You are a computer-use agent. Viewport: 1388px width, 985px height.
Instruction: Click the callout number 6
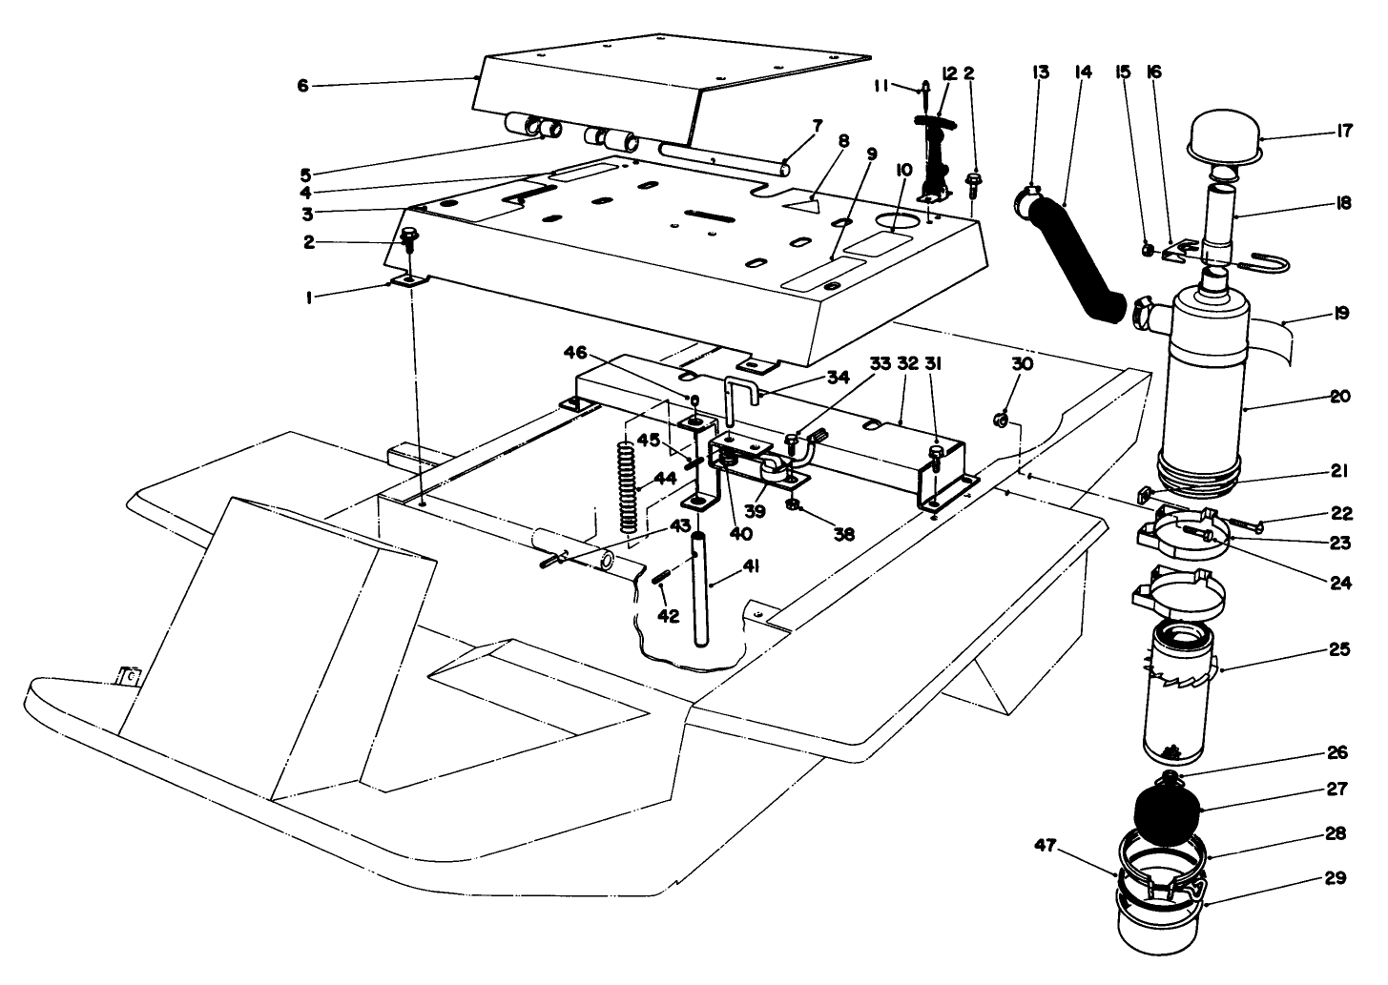303,86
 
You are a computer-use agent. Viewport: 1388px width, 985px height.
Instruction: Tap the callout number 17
1344,133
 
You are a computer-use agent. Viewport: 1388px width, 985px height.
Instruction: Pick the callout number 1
308,298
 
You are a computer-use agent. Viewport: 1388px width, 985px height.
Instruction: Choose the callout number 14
1082,72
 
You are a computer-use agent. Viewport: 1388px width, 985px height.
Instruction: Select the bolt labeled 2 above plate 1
410,239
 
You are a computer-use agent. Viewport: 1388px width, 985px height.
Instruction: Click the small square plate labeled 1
409,280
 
